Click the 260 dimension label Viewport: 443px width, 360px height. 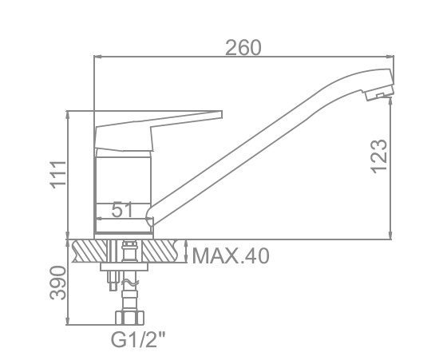point(243,47)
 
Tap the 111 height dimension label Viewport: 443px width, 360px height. point(58,175)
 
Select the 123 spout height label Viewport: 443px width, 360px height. point(378,156)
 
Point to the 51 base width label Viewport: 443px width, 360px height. point(122,210)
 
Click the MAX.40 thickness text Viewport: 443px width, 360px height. point(231,255)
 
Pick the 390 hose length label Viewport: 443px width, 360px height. point(58,283)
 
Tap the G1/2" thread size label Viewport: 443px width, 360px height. point(138,339)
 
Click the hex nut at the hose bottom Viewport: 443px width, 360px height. point(129,318)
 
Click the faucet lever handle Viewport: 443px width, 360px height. point(158,130)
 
